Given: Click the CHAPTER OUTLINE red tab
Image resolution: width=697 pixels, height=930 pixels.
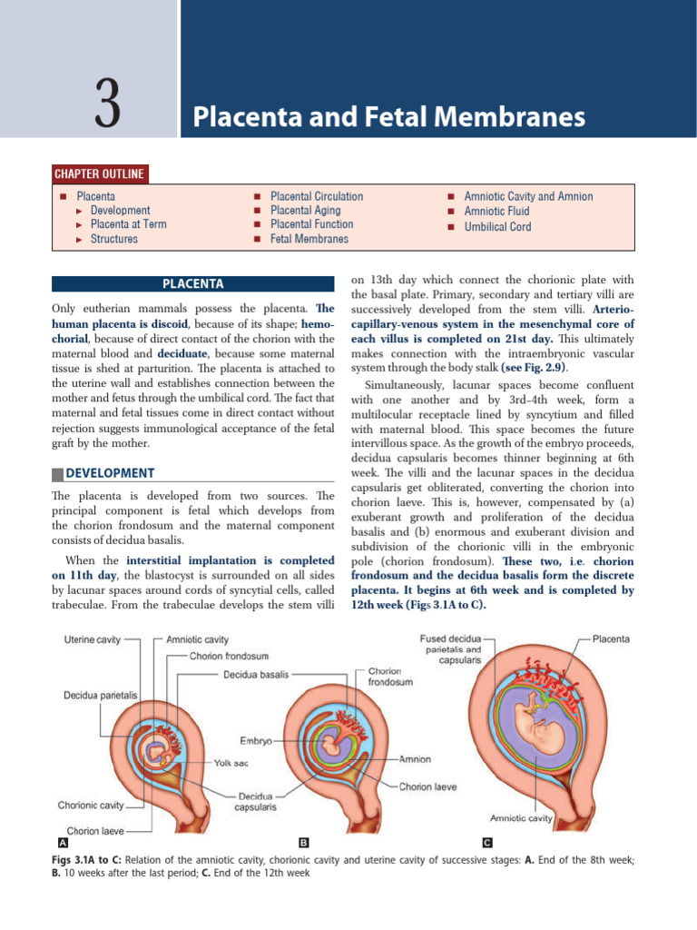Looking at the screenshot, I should pos(100,174).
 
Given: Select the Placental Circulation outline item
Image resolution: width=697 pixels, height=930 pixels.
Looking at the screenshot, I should pos(316,196).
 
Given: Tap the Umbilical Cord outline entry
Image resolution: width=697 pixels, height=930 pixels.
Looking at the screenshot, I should pos(497,226).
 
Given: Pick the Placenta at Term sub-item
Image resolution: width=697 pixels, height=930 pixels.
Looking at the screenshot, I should pos(128,224).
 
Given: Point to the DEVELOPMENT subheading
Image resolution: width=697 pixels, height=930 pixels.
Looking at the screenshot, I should pos(109,473).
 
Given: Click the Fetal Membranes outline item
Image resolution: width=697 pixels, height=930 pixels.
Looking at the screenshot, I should pos(309,239).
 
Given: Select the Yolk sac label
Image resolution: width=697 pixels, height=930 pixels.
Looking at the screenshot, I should pos(231,763).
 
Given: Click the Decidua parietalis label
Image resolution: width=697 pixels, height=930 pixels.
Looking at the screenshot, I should pos(100,695).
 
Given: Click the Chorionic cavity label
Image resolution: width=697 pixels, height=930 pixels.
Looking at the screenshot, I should pos(89,805).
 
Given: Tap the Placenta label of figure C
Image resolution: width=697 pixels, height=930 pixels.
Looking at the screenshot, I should pos(612,638).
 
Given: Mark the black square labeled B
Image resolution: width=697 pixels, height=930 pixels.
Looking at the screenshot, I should pos(304,843).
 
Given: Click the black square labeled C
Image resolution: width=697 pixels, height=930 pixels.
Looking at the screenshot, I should pos(487,843).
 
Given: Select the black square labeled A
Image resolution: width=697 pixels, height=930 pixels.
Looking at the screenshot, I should pos(60,843).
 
